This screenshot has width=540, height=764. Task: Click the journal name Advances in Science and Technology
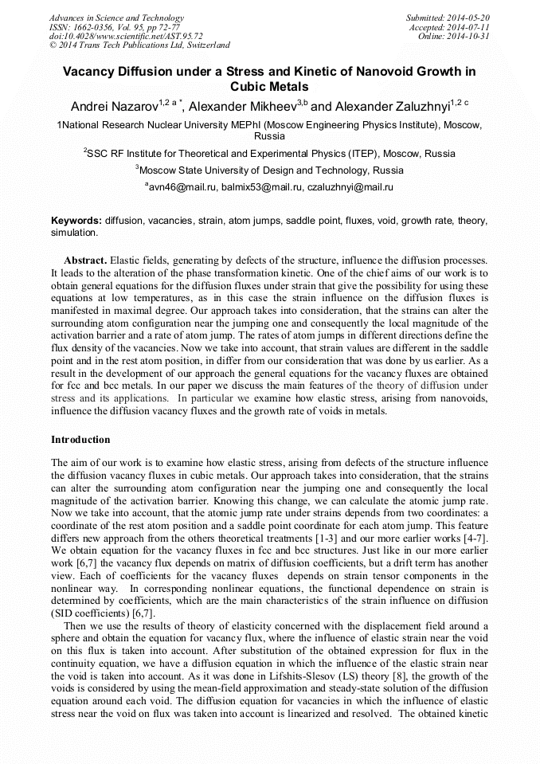pyautogui.click(x=116, y=18)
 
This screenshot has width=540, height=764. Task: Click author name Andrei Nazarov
pyautogui.click(x=113, y=106)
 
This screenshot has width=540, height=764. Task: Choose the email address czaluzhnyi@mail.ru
pyautogui.click(x=351, y=187)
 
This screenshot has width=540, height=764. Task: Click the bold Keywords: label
pyautogui.click(x=76, y=220)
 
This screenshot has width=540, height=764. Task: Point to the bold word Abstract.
pyautogui.click(x=85, y=261)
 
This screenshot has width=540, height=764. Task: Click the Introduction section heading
pyautogui.click(x=80, y=440)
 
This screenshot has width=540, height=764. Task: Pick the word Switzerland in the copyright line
pyautogui.click(x=204, y=45)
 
